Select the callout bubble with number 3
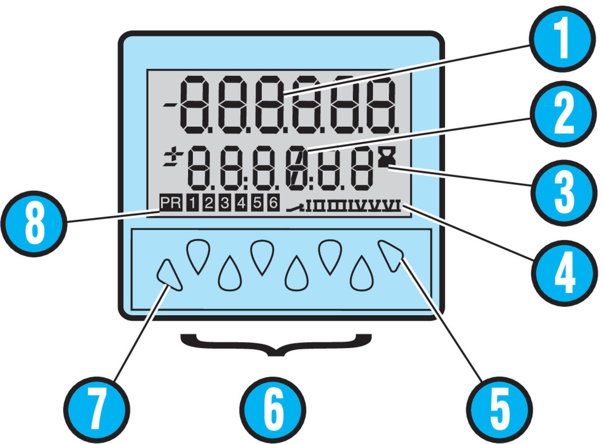click(x=564, y=193)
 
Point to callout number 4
click(x=565, y=273)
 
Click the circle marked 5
click(x=499, y=410)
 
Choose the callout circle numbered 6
click(x=273, y=410)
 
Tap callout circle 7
click(x=97, y=410)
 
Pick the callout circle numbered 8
click(x=34, y=224)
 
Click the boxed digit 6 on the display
click(x=273, y=202)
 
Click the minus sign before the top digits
click(x=170, y=105)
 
